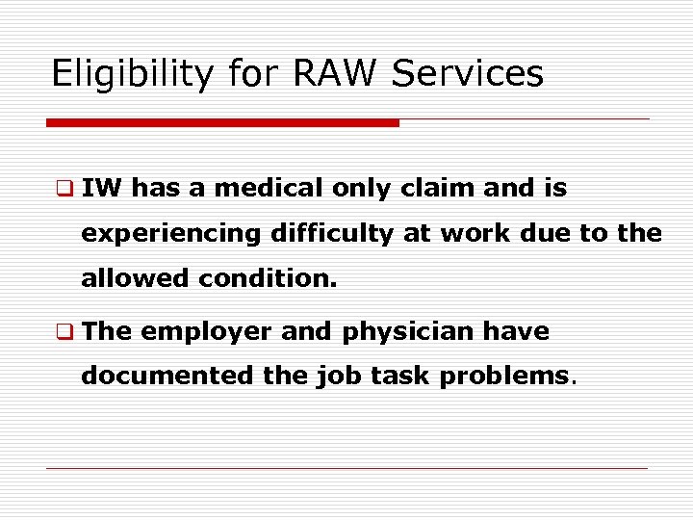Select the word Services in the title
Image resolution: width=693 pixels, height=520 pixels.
tap(468, 73)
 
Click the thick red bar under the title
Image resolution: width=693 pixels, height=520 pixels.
tap(222, 123)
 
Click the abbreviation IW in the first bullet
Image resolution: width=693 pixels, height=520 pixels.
tap(102, 189)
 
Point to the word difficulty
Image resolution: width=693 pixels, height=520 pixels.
tap(328, 233)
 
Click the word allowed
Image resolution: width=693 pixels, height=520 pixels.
tap(136, 279)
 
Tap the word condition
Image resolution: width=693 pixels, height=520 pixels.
tap(269, 279)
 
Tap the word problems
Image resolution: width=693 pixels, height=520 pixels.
tap(504, 377)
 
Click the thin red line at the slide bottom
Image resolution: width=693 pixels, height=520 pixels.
tap(346, 469)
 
